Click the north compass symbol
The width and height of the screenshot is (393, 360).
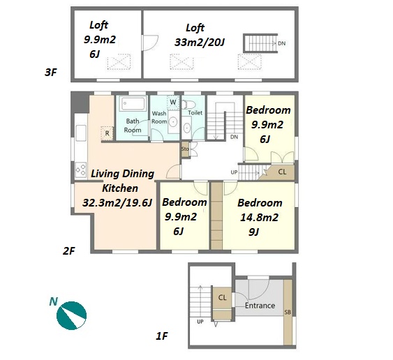pyautogui.click(x=71, y=315)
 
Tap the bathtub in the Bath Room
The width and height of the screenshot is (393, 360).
pyautogui.click(x=133, y=104)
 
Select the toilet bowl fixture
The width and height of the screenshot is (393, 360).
pyautogui.click(x=188, y=105)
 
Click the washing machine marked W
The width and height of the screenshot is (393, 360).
pyautogui.click(x=173, y=102)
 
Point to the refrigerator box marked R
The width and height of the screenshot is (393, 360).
pyautogui.click(x=107, y=133)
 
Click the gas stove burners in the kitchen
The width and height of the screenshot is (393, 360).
pyautogui.click(x=81, y=170)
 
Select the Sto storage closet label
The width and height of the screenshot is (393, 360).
pyautogui.click(x=185, y=149)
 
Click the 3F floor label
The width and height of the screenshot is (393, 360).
pyautogui.click(x=51, y=73)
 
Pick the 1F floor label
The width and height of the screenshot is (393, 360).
pyautogui.click(x=162, y=336)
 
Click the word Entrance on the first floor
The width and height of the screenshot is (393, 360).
pyautogui.click(x=260, y=306)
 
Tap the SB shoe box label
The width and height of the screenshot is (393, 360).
pyautogui.click(x=288, y=312)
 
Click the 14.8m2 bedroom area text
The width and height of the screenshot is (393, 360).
pyautogui.click(x=259, y=217)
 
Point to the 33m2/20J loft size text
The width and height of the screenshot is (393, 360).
pyautogui.click(x=200, y=43)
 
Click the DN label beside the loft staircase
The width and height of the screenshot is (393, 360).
pyautogui.click(x=282, y=43)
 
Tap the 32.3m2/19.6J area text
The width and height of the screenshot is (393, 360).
pyautogui.click(x=117, y=202)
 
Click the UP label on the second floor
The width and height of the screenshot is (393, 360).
pyautogui.click(x=234, y=172)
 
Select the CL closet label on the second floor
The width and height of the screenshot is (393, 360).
pyautogui.click(x=282, y=172)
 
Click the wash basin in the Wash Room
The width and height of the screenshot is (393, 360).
pyautogui.click(x=173, y=122)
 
